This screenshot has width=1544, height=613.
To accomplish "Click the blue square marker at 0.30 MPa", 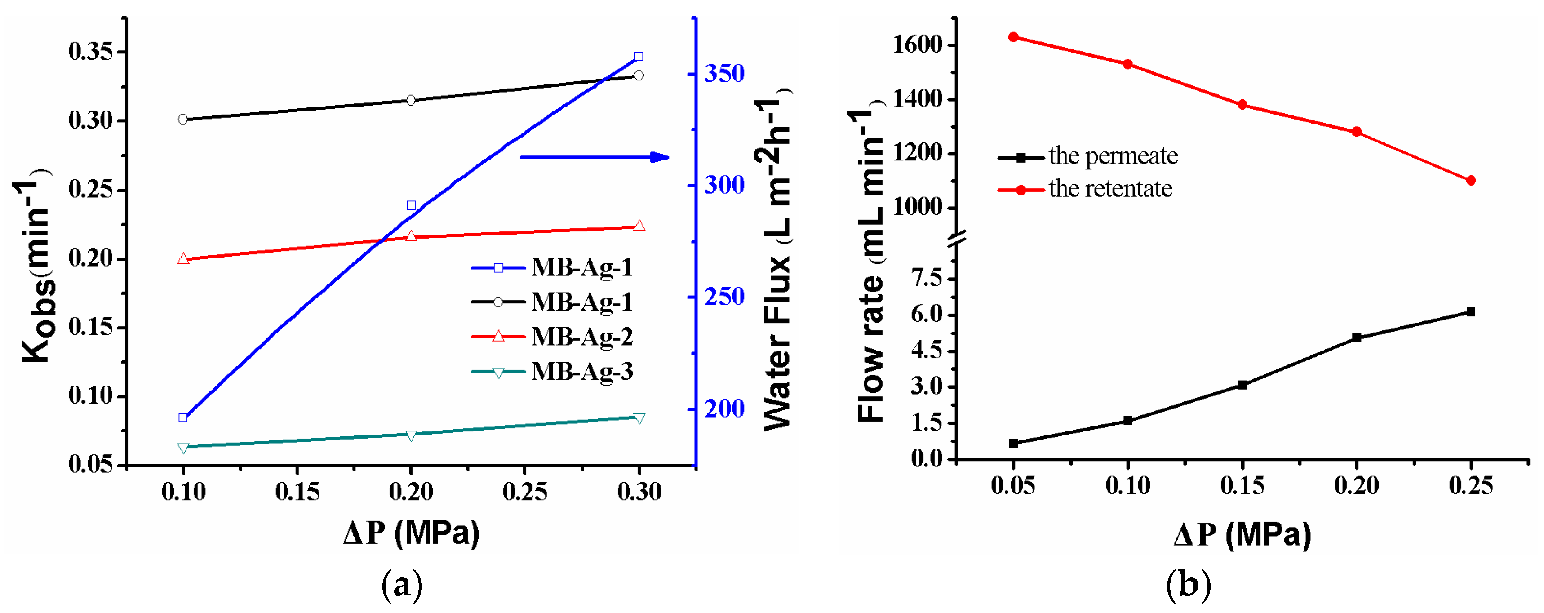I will coord(639,56).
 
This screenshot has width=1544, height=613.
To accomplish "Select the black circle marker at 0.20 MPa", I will coord(411,100).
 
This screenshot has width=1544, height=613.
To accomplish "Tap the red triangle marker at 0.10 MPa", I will coord(183,259).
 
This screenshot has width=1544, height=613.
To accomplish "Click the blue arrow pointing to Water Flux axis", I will coord(594,158).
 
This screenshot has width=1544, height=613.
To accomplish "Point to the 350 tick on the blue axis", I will coord(724,74).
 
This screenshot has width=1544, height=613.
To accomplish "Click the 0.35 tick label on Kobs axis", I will coord(90,52).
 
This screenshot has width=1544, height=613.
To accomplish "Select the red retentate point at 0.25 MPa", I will coord(1470,180).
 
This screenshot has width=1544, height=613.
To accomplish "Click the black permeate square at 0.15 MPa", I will coord(1242,385).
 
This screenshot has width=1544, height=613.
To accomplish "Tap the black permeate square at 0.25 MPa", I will coord(1470,311).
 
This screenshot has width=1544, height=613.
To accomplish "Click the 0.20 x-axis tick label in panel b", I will coord(1357,485).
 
